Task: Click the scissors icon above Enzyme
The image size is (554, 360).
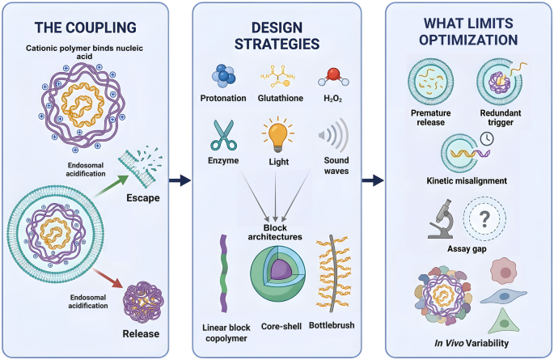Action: pyautogui.click(x=223, y=135)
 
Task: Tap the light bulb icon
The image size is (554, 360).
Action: pyautogui.click(x=278, y=136)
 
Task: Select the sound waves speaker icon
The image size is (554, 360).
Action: pyautogui.click(x=333, y=135)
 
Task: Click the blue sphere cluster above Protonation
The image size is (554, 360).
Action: pyautogui.click(x=223, y=75)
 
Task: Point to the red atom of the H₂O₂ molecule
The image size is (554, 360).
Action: pyautogui.click(x=333, y=74)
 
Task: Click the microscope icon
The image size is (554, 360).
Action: pyautogui.click(x=441, y=219)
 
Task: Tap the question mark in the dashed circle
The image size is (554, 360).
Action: pyautogui.click(x=484, y=219)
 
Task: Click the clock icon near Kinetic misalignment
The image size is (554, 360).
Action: pyautogui.click(x=487, y=139)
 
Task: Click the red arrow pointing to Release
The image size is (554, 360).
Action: pyautogui.click(x=108, y=279)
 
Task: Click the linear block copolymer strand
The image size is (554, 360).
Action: pyautogui.click(x=224, y=273)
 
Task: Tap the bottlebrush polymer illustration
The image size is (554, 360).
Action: pyautogui.click(x=332, y=273)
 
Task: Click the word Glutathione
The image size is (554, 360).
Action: pyautogui.click(x=280, y=98)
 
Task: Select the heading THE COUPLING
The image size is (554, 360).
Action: pyautogui.click(x=86, y=28)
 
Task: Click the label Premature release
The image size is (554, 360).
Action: pyautogui.click(x=431, y=117)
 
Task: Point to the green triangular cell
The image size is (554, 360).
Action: pyautogui.click(x=504, y=321)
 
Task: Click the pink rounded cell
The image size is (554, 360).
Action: pyautogui.click(x=504, y=271)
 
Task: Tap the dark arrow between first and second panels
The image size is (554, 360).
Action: pyautogui.click(x=180, y=180)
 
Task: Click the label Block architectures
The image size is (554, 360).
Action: pyautogui.click(x=275, y=232)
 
